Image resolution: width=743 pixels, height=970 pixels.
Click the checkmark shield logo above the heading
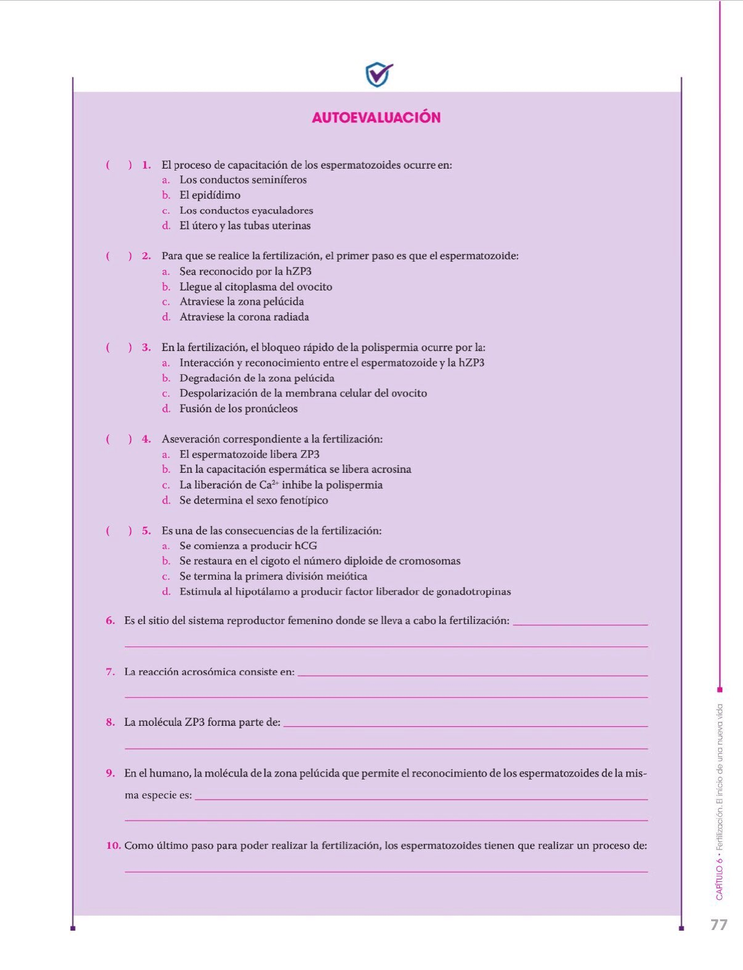click(378, 74)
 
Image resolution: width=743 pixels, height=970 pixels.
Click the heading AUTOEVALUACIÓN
click(376, 117)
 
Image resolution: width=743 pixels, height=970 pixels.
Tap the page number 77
click(719, 924)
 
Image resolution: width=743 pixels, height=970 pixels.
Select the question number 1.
click(146, 165)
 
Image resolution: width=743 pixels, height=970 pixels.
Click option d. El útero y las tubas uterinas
click(244, 225)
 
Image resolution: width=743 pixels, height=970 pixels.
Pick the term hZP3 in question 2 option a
click(298, 271)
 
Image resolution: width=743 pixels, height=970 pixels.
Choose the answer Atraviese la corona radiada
click(244, 317)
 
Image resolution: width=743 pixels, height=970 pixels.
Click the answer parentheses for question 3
click(119, 347)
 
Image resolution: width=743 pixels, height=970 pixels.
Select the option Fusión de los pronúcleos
click(239, 408)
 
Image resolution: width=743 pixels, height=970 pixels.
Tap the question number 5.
click(146, 530)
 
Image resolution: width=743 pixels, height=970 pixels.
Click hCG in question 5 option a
click(306, 545)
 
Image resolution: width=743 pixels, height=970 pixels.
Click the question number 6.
click(111, 621)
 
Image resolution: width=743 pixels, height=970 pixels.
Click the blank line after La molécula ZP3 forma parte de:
click(465, 725)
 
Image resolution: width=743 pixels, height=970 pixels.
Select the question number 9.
click(111, 773)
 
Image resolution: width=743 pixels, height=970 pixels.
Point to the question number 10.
click(113, 846)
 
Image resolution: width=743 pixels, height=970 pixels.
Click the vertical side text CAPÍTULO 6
click(719, 881)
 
